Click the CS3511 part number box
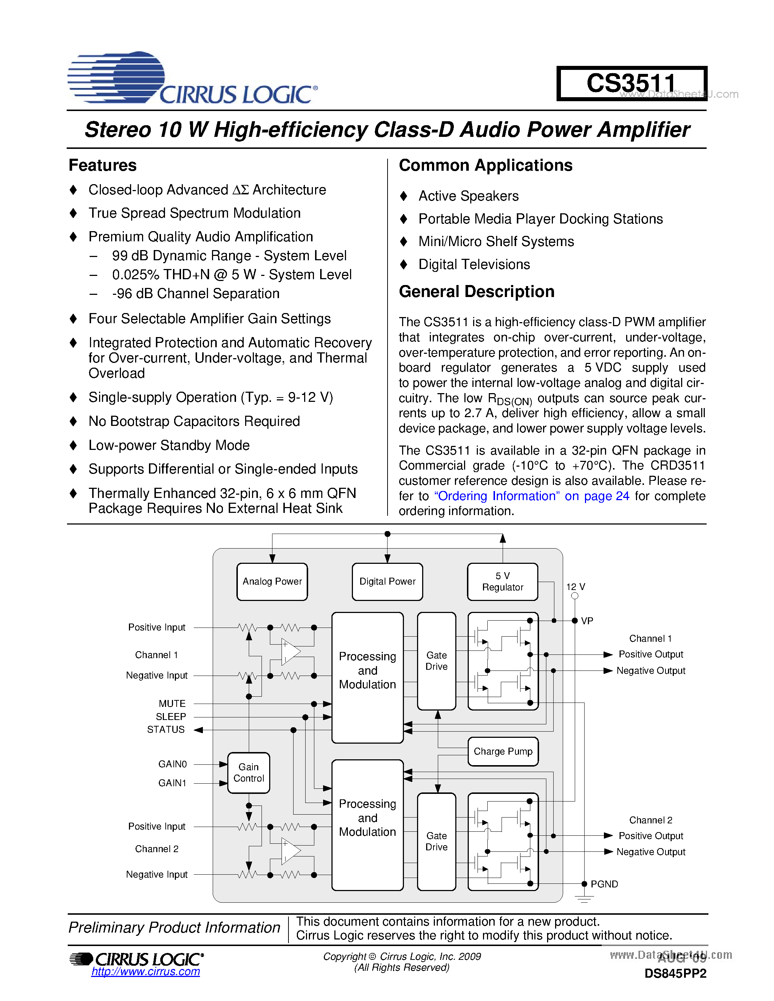point(631,83)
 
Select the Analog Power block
point(272,581)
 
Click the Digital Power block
point(387,581)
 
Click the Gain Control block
point(248,772)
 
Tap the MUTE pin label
point(172,703)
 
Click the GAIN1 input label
point(172,783)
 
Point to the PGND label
point(604,884)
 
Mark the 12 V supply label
point(575,587)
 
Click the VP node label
point(587,621)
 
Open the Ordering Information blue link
point(531,496)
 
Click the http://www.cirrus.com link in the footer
point(145,971)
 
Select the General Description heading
point(476,292)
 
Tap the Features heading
point(103,165)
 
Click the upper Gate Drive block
point(436,660)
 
